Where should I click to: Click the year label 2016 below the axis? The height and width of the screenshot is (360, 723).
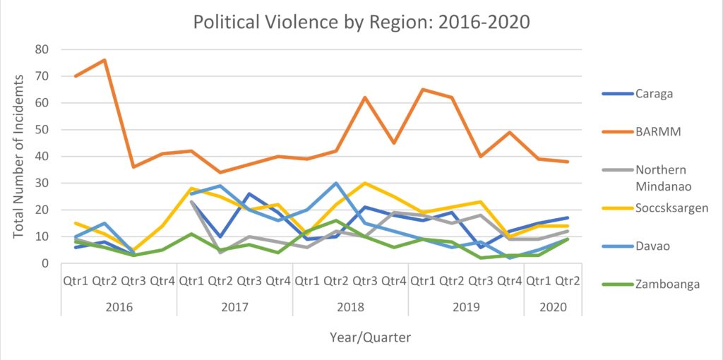click(x=119, y=307)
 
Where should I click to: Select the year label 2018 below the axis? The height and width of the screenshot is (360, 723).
click(x=350, y=307)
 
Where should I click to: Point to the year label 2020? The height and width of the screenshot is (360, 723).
click(x=552, y=307)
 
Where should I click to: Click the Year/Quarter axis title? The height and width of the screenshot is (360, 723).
click(x=370, y=337)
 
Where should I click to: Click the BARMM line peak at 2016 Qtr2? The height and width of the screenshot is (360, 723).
click(x=104, y=60)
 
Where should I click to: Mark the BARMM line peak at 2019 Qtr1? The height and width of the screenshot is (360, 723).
click(x=422, y=90)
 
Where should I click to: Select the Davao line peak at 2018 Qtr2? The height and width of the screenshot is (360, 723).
click(x=336, y=184)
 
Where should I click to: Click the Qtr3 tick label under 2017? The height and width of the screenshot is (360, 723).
click(x=249, y=280)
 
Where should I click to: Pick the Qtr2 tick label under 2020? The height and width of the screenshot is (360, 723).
click(x=567, y=280)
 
